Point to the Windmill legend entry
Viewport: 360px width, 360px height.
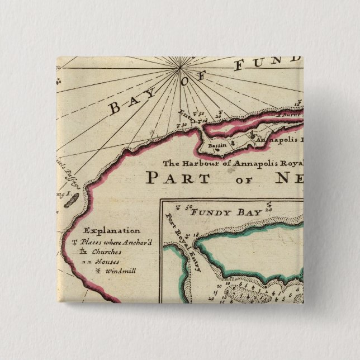(x=105, y=271)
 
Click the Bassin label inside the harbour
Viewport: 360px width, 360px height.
(x=215, y=145)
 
